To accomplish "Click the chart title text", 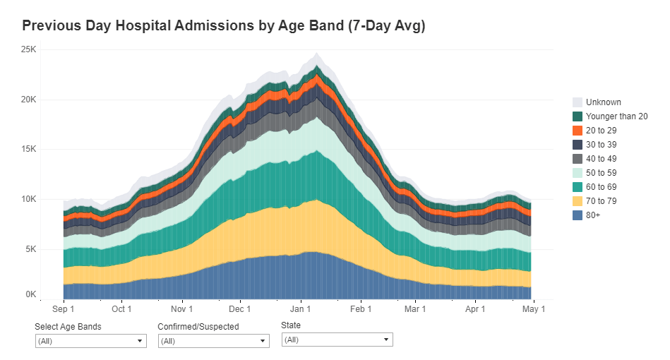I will (223, 26).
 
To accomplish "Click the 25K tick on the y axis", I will (28, 49).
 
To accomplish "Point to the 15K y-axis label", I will (28, 150).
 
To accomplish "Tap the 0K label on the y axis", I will (30, 294).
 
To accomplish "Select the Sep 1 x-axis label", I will (64, 309).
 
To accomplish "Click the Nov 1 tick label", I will (182, 309).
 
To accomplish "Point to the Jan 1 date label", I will (301, 309).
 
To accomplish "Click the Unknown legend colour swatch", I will (578, 102).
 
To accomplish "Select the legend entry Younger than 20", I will (616, 116).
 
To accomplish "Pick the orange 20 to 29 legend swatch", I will (578, 131).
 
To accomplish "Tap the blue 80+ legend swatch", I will (578, 215).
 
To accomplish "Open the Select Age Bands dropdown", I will (91, 341).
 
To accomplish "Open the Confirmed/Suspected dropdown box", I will (214, 341).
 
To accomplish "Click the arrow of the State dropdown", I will (386, 340).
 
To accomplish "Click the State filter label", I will (291, 326).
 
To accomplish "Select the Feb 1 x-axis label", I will (361, 309).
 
